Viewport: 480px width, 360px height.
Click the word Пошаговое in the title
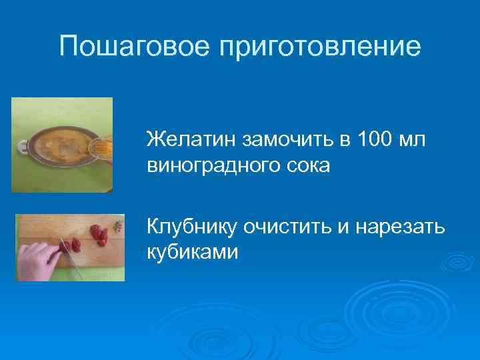pyautogui.click(x=134, y=47)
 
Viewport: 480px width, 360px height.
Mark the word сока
pyautogui.click(x=306, y=165)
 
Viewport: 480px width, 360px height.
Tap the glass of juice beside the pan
pyautogui.click(x=101, y=142)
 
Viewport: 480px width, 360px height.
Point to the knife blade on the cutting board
pyautogui.click(x=73, y=263)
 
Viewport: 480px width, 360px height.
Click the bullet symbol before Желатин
pyautogui.click(x=135, y=141)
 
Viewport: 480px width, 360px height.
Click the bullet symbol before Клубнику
pyautogui.click(x=135, y=228)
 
